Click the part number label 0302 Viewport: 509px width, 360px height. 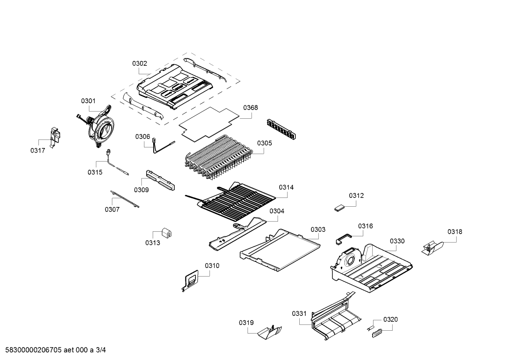point(140,64)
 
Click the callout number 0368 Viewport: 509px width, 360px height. point(250,108)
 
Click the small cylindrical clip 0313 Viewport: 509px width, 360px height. point(167,233)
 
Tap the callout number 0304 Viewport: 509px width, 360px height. point(277,211)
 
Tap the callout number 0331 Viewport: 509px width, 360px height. point(299,313)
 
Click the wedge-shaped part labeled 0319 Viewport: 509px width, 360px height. point(270,332)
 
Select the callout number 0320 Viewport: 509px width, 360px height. point(390,319)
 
